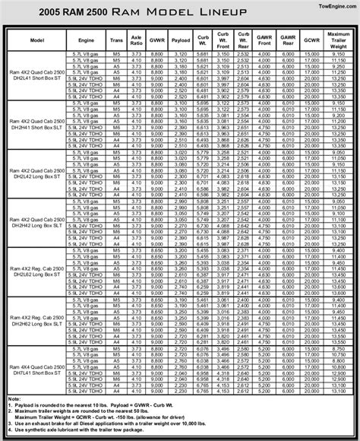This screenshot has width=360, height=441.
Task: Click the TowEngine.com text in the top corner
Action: [333, 7]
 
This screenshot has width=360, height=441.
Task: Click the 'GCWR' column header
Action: [311, 40]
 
